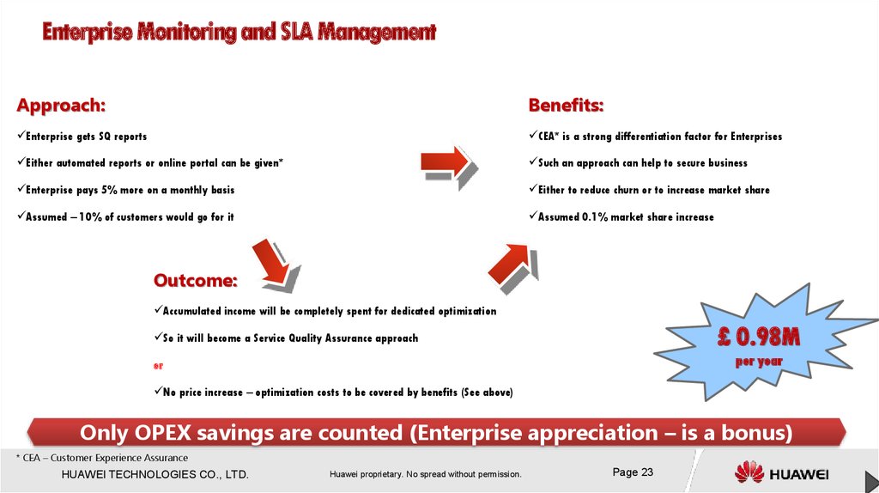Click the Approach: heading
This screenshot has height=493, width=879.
click(x=61, y=105)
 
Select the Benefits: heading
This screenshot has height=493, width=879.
click(x=567, y=105)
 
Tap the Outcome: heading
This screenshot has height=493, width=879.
click(x=196, y=280)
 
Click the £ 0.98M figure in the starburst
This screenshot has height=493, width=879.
click(x=759, y=337)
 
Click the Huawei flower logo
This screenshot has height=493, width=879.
click(x=749, y=472)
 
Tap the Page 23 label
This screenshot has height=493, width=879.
click(x=633, y=472)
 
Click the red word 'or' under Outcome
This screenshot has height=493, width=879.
click(x=158, y=366)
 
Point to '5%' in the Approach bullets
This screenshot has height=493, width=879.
click(x=109, y=190)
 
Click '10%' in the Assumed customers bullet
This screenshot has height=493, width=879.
click(x=90, y=217)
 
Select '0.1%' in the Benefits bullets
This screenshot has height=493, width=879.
click(x=595, y=217)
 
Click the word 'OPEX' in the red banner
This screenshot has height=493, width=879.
click(x=162, y=433)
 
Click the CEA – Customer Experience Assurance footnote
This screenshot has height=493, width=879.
click(x=102, y=458)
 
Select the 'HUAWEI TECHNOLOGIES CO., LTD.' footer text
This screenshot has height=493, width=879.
click(x=155, y=474)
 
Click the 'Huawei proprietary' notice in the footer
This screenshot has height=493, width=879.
click(x=426, y=474)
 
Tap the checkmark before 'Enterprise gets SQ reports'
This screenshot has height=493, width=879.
click(x=21, y=135)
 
